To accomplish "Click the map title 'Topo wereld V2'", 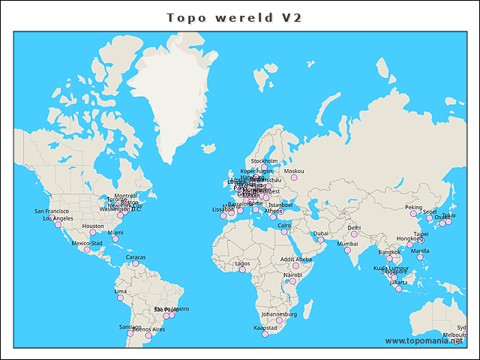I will tap(233, 17).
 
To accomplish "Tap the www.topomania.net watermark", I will tap(424, 341).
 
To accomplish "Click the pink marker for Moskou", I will tap(294, 178).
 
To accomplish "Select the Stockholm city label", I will tap(264, 161).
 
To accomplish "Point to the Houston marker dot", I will tap(93, 232).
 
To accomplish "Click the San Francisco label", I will tap(52, 211).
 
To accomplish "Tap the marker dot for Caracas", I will tap(135, 264).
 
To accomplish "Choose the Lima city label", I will tap(120, 291).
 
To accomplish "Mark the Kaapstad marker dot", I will tap(265, 334).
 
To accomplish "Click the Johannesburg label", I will tap(279, 314).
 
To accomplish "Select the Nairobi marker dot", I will tap(292, 281).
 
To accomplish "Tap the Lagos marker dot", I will tap(242, 270).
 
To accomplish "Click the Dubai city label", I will tap(320, 233).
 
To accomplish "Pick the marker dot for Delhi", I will tap(354, 234).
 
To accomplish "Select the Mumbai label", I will tap(347, 244).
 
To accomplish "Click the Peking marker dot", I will tap(413, 214).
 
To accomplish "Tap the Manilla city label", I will tap(420, 251).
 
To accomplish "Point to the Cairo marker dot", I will tap(284, 232).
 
